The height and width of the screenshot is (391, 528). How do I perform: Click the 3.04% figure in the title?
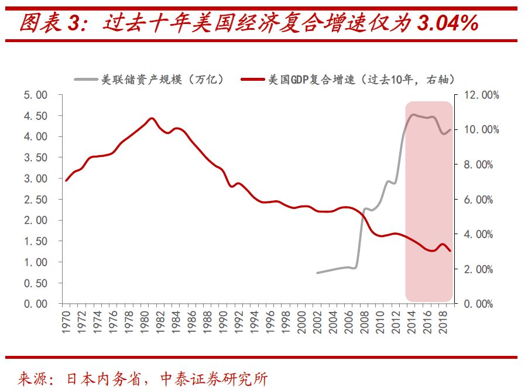tap(448, 23)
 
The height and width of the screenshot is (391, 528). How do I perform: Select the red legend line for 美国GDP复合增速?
tap(253, 80)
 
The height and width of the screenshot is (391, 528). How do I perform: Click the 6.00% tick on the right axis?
tap(478, 200)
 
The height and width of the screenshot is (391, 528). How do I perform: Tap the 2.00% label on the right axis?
tap(478, 269)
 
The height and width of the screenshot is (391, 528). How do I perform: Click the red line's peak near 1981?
tap(152, 118)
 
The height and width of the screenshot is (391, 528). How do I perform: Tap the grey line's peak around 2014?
tap(413, 115)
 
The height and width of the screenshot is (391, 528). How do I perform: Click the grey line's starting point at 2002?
tap(317, 273)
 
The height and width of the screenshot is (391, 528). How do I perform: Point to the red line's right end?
tap(450, 251)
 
